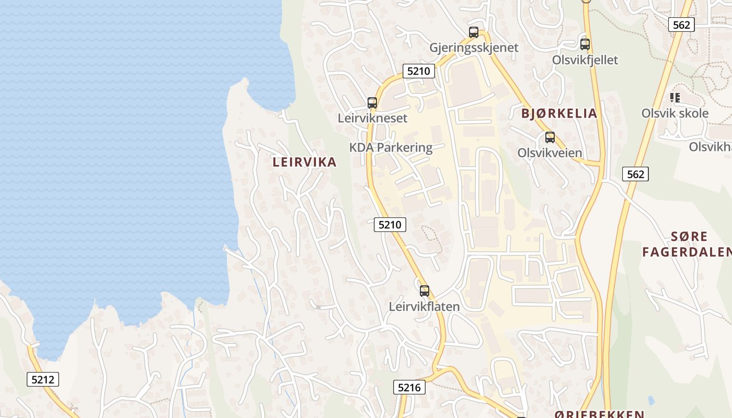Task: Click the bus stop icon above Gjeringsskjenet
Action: click(x=474, y=32)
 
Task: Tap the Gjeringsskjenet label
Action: click(x=474, y=48)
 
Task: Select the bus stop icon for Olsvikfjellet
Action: click(x=585, y=44)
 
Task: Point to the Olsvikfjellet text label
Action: click(x=585, y=60)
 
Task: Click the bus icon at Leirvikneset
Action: click(x=372, y=102)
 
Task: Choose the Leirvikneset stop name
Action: click(x=372, y=118)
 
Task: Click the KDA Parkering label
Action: click(x=391, y=147)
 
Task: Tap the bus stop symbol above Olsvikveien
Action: click(x=550, y=137)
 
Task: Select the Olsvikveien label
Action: click(x=550, y=153)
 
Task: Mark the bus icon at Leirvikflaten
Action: click(x=425, y=291)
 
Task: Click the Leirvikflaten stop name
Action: click(x=425, y=307)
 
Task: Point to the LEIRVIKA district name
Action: click(x=304, y=162)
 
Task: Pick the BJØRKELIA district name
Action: click(x=559, y=113)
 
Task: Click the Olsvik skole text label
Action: click(x=675, y=113)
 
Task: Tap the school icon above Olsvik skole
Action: click(x=675, y=98)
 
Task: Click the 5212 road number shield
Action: click(x=43, y=379)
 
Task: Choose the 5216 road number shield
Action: click(x=409, y=387)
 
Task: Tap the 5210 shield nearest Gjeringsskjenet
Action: click(x=419, y=71)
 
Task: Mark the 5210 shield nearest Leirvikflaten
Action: click(x=390, y=225)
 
